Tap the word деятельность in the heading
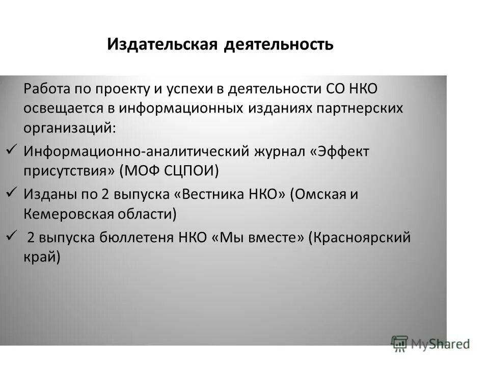click(x=279, y=45)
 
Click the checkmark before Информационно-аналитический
click(x=12, y=150)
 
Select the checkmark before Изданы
click(x=12, y=192)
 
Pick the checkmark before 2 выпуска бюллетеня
click(x=12, y=235)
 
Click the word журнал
click(x=278, y=151)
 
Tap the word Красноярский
click(x=360, y=238)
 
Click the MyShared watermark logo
click(x=430, y=343)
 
